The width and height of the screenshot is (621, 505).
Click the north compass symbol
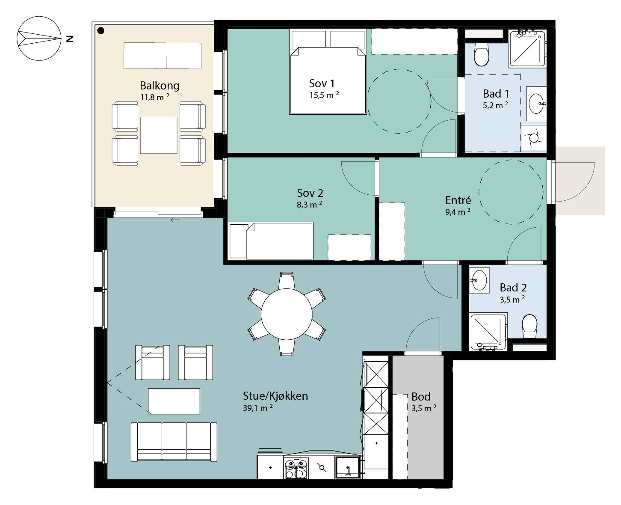39,39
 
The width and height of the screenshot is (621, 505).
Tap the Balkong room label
160,86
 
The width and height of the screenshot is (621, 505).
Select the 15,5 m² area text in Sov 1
324,95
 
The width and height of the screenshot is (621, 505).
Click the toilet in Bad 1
481,54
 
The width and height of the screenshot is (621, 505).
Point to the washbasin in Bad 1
536,104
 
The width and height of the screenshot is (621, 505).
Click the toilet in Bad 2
529,326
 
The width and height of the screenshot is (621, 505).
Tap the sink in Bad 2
479,280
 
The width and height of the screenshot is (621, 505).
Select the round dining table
287,314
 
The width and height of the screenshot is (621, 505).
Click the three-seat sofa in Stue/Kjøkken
174,442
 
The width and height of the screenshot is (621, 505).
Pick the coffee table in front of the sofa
174,401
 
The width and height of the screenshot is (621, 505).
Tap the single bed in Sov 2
271,241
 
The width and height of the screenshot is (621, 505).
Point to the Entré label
458,200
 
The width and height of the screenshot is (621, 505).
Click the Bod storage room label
421,397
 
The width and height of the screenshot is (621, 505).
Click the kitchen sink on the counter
347,468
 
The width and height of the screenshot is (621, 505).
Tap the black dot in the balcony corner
101,30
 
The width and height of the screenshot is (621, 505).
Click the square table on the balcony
159,135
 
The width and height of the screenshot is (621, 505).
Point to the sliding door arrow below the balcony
175,220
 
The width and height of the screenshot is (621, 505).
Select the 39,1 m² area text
258,408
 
